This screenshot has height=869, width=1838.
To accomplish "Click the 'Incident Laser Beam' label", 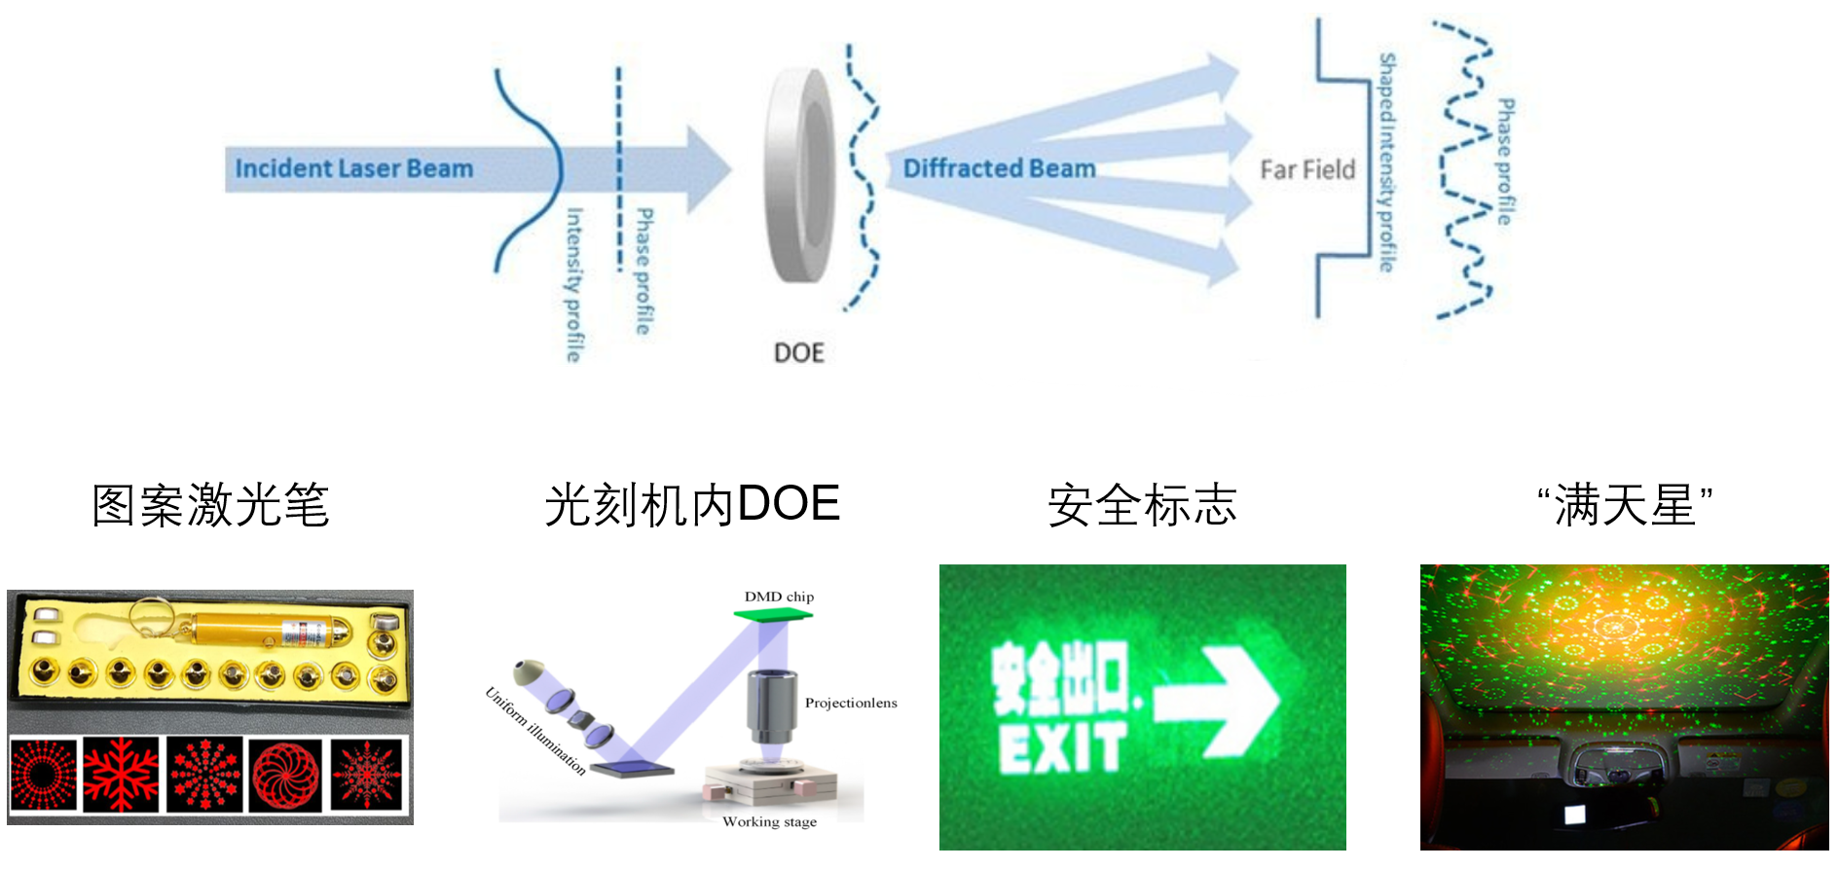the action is pyautogui.click(x=354, y=168).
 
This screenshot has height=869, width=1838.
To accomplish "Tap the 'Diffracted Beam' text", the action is pyautogui.click(x=999, y=168).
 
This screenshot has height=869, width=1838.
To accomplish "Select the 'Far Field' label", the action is pyautogui.click(x=1307, y=170).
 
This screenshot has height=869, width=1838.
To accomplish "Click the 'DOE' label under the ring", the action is pyautogui.click(x=799, y=352).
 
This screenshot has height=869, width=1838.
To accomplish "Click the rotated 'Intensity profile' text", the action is pyautogui.click(x=574, y=284).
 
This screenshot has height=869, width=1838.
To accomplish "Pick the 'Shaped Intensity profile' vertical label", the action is pyautogui.click(x=1386, y=163).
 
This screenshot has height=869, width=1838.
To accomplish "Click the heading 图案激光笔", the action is pyautogui.click(x=210, y=506).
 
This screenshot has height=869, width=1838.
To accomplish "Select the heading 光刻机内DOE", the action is pyautogui.click(x=692, y=505).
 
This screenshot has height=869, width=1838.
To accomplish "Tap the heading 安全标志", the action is pyautogui.click(x=1142, y=506).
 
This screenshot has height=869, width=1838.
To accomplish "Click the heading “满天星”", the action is pyautogui.click(x=1625, y=506).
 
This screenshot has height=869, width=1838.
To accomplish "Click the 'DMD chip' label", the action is pyautogui.click(x=779, y=597).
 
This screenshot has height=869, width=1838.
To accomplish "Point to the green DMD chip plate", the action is pyautogui.click(x=773, y=614).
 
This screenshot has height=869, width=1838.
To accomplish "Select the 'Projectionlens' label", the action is pyautogui.click(x=851, y=703).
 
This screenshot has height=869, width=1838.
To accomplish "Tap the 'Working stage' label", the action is pyautogui.click(x=769, y=822).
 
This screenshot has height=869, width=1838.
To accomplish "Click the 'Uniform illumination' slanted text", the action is pyautogui.click(x=535, y=731).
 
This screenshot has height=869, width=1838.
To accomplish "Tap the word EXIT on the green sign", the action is pyautogui.click(x=1062, y=747).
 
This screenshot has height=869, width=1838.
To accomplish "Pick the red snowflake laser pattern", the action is pyautogui.click(x=121, y=775).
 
